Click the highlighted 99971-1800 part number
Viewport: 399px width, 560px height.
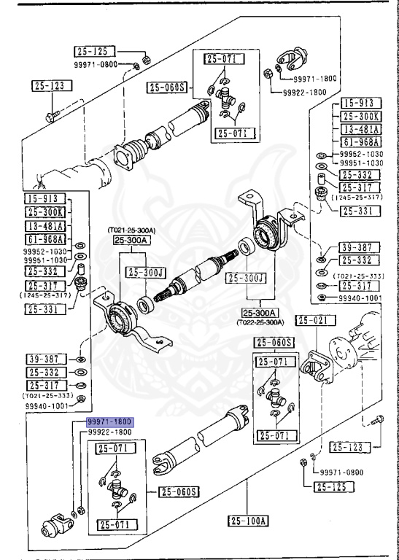pyautogui.click(x=109, y=422)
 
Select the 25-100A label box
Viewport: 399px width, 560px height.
pyautogui.click(x=248, y=521)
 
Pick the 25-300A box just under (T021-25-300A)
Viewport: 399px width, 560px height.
pyautogui.click(x=132, y=240)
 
